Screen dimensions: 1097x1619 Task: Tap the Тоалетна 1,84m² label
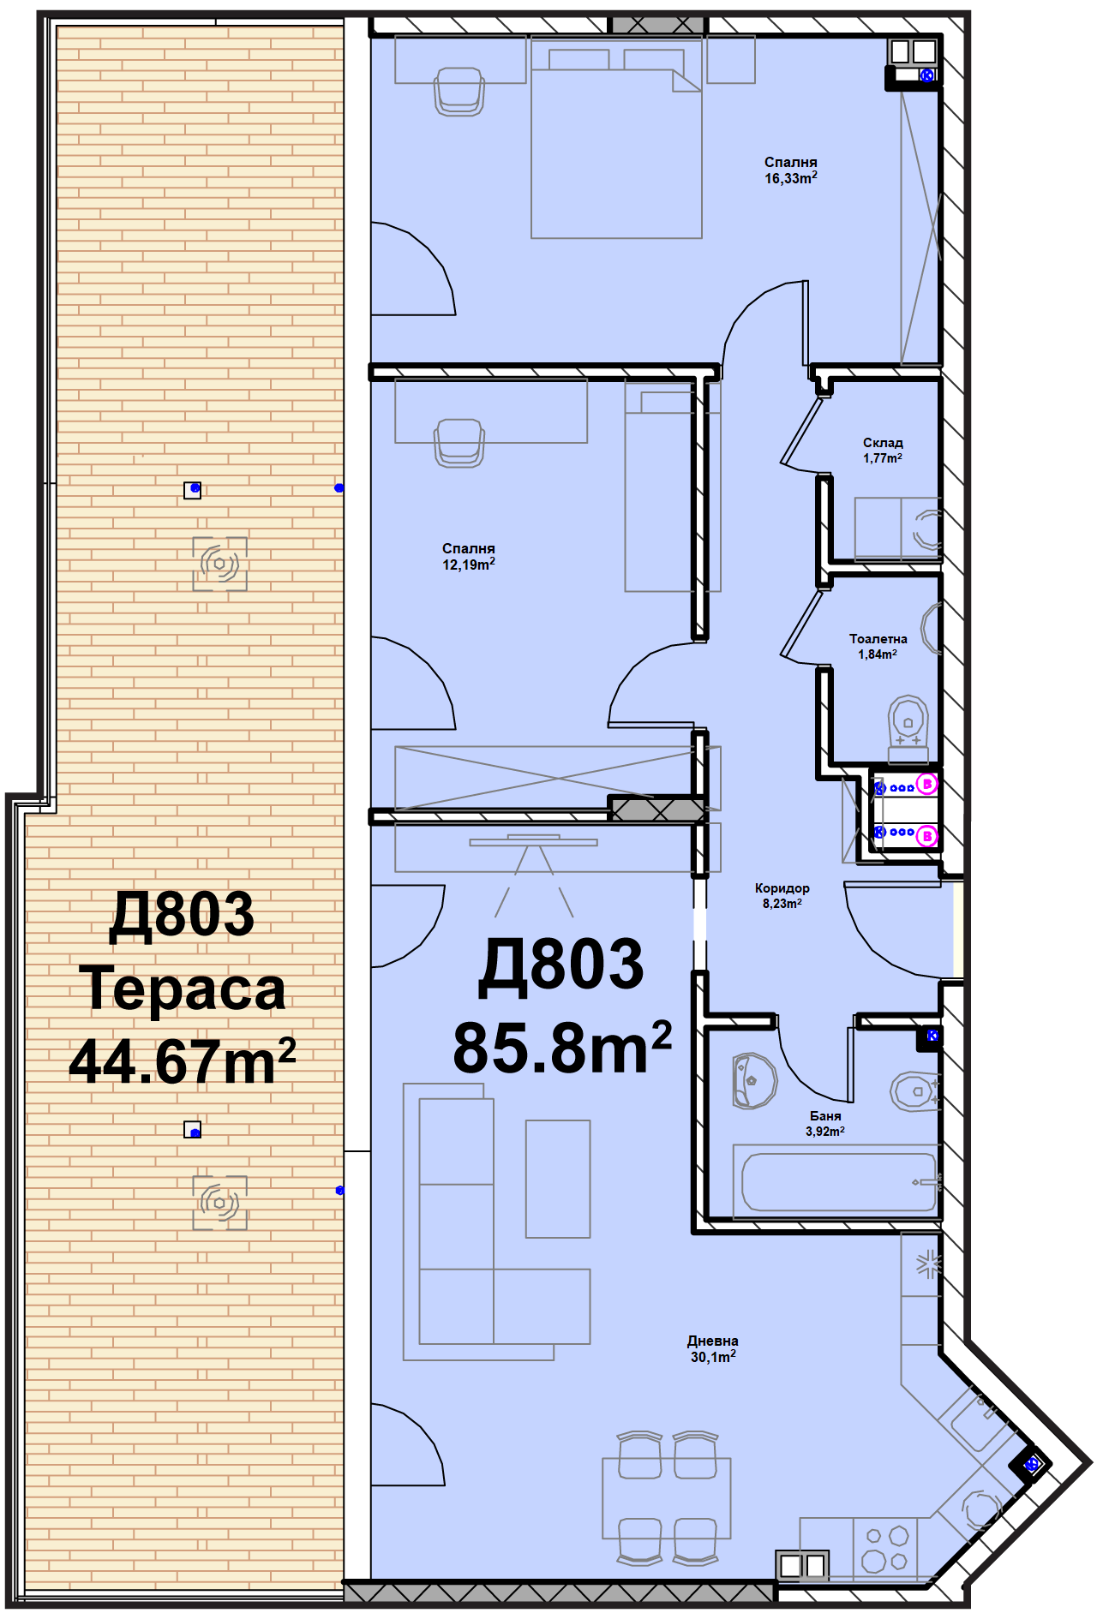click(x=878, y=646)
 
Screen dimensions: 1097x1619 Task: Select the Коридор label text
click(x=782, y=888)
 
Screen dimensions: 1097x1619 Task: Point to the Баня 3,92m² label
click(x=824, y=1123)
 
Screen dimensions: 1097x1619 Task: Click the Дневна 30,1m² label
click(x=712, y=1348)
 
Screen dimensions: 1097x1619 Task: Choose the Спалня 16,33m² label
click(x=790, y=170)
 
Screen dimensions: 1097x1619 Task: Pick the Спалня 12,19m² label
click(x=468, y=556)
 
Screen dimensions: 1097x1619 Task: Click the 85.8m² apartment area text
click(x=561, y=1048)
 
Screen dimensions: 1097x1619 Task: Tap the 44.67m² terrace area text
click(x=183, y=1061)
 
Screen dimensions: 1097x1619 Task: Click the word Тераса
click(x=183, y=989)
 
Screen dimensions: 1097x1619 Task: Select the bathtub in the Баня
click(x=838, y=1181)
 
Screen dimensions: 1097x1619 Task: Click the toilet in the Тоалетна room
click(x=908, y=727)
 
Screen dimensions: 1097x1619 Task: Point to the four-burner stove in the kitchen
click(x=885, y=1548)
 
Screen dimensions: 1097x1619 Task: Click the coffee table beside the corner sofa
click(x=558, y=1179)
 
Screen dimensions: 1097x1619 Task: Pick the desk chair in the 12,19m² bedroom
click(x=459, y=442)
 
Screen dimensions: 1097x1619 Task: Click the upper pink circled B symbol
click(x=926, y=783)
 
